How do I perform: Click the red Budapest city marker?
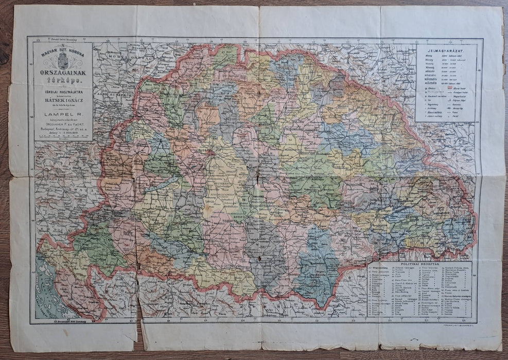click(209, 152)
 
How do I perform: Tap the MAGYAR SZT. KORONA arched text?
click(63, 52)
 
